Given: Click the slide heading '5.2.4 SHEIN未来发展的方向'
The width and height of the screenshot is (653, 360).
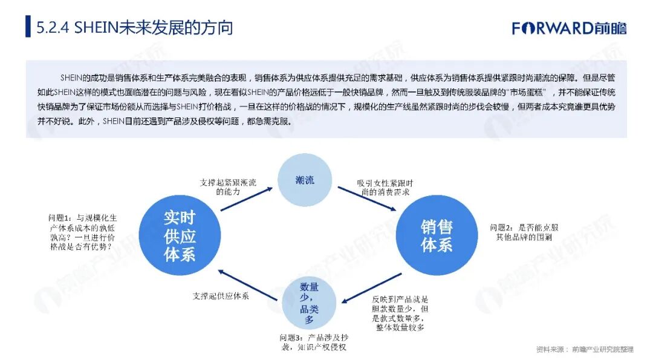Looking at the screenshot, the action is point(134,28).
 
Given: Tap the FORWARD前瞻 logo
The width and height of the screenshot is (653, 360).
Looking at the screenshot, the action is point(569,28).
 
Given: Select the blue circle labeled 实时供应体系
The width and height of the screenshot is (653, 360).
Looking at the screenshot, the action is point(179,235).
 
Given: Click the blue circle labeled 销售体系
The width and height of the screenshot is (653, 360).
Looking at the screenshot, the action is point(437,235).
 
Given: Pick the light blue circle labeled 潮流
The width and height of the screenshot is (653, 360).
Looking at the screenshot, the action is point(305,180).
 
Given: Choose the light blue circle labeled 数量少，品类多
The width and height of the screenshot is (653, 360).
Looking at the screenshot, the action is point(309,303).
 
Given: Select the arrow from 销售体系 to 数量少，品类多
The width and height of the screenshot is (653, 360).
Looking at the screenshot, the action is point(371,287).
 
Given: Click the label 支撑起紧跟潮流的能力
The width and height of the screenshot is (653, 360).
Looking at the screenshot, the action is point(228,186).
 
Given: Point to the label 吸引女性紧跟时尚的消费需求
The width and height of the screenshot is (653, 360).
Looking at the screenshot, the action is point(385,186).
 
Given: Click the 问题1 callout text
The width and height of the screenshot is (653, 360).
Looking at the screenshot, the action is point(83,232).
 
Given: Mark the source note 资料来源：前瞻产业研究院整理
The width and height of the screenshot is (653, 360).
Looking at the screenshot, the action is point(584,349).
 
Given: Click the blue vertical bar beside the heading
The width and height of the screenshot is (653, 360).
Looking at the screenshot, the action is point(28,27).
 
